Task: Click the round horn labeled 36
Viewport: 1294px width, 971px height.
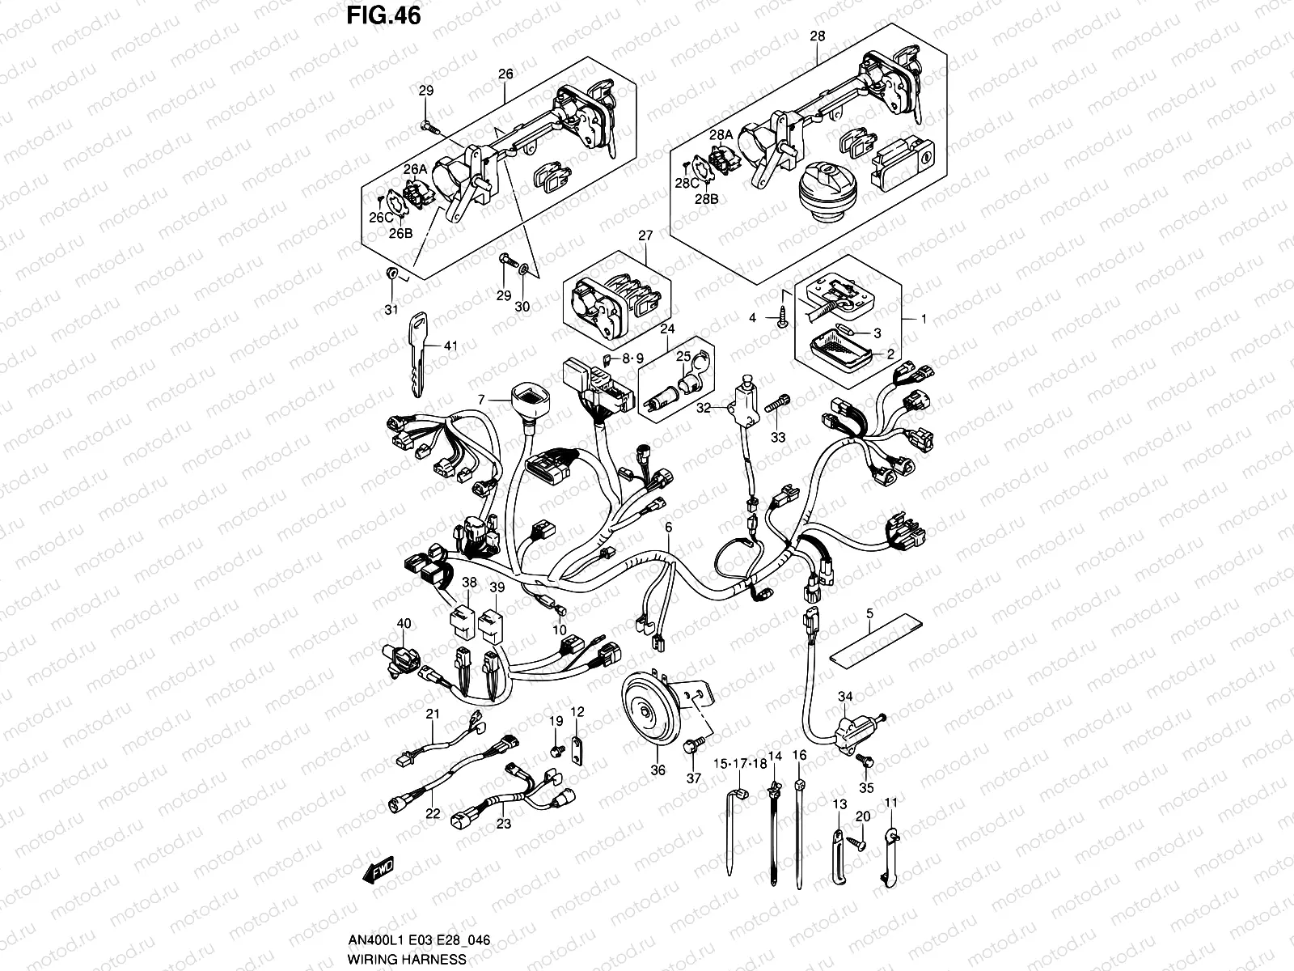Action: tap(645, 713)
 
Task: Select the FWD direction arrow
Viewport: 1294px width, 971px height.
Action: tap(378, 871)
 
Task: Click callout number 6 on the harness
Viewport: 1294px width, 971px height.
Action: tap(668, 528)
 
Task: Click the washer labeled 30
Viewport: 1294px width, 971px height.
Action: tap(522, 269)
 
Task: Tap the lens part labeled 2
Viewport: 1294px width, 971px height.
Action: tap(842, 351)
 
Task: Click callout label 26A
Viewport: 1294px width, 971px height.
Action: tap(415, 168)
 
